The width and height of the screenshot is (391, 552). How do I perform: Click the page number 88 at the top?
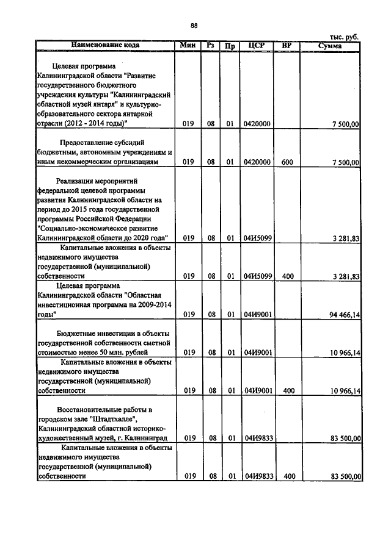(x=194, y=25)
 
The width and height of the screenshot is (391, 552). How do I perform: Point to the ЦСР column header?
(x=257, y=45)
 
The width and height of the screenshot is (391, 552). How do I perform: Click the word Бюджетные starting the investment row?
(x=76, y=333)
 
